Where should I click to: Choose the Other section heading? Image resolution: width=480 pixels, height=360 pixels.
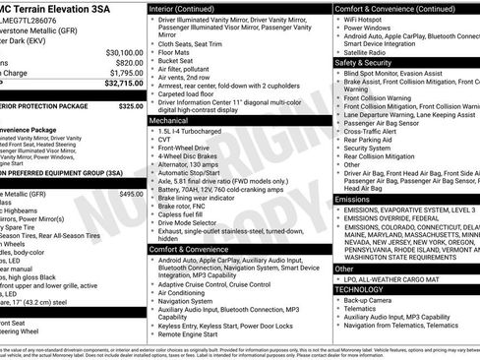coord(344,268)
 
